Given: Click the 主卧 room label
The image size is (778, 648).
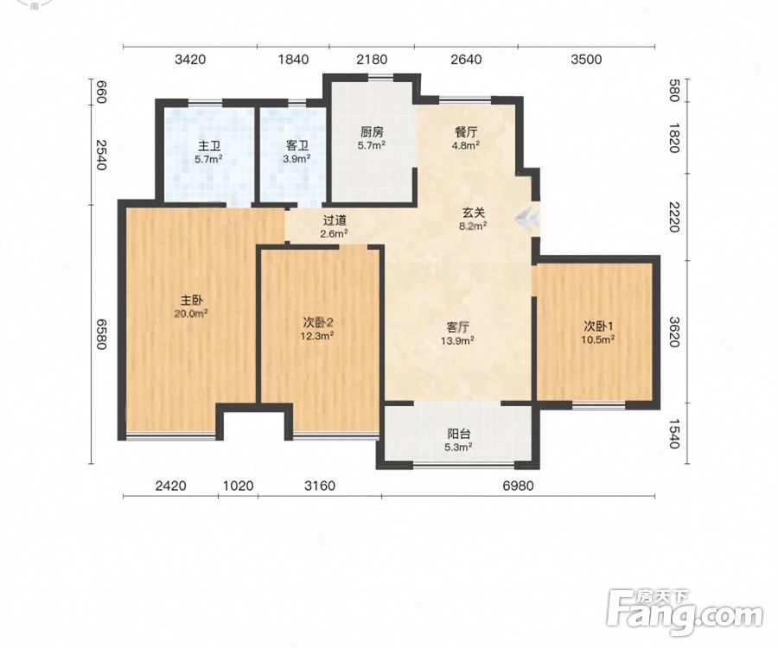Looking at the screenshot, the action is click(191, 301).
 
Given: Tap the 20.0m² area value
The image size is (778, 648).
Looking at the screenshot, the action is click(190, 314).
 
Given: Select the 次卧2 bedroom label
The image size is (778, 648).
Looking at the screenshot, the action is click(318, 323).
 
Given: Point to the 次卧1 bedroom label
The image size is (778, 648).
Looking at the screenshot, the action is click(598, 327).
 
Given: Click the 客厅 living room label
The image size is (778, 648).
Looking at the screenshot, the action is click(458, 327).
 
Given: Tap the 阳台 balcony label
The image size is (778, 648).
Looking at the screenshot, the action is click(459, 435).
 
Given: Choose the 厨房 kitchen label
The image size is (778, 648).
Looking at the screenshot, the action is click(372, 132).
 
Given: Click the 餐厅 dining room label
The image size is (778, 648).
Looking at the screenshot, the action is click(466, 132).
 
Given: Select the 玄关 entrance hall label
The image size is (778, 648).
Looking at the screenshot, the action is click(474, 213).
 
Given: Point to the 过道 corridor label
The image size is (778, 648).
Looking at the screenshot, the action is click(335, 220).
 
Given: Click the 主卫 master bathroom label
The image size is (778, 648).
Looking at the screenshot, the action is click(209, 146).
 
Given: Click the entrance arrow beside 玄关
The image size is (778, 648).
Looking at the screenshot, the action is click(527, 218).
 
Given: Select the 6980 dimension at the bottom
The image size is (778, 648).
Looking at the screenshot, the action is click(518, 486).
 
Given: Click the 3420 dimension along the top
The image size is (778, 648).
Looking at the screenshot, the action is click(190, 60).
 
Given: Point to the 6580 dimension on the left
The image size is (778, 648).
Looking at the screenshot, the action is click(101, 334).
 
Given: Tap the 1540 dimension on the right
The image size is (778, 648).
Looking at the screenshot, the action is click(673, 434).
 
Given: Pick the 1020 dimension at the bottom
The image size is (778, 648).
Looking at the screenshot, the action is click(239, 486).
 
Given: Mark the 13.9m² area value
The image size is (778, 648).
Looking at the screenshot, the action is click(457, 340).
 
